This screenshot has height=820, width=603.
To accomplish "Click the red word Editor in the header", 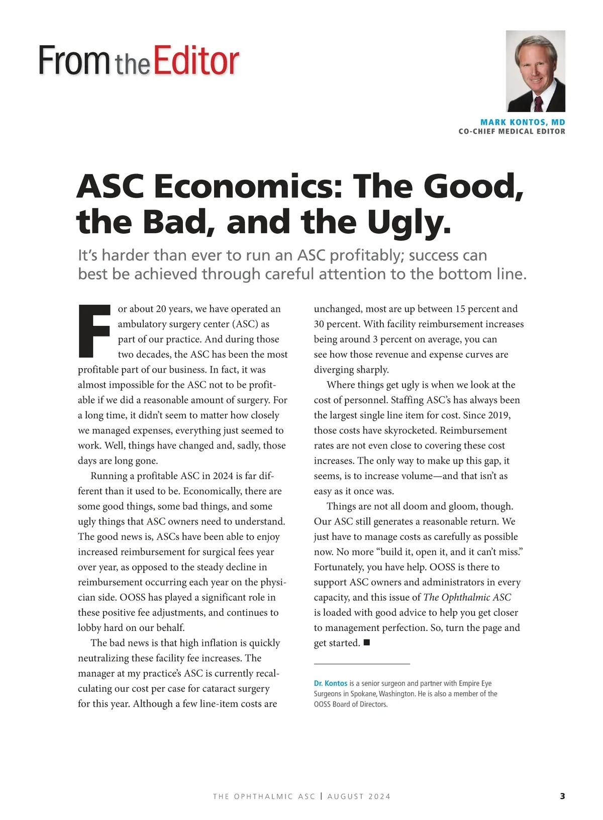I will pyautogui.click(x=196, y=61).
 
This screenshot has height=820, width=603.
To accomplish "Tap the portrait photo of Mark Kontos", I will pyautogui.click(x=535, y=71).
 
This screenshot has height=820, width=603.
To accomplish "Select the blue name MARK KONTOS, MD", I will pyautogui.click(x=523, y=122).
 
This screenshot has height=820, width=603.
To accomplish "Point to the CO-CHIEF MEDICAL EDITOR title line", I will pyautogui.click(x=512, y=131).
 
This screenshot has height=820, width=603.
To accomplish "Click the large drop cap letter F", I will pyautogui.click(x=94, y=331).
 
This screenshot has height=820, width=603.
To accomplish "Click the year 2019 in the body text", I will pyautogui.click(x=499, y=415).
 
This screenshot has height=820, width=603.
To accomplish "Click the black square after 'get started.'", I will pyautogui.click(x=366, y=643).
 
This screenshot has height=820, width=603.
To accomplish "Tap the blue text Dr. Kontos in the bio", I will pyautogui.click(x=331, y=683).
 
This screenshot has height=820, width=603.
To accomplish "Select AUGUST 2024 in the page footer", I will pyautogui.click(x=359, y=796).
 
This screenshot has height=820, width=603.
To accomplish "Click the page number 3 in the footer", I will pyautogui.click(x=562, y=796).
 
